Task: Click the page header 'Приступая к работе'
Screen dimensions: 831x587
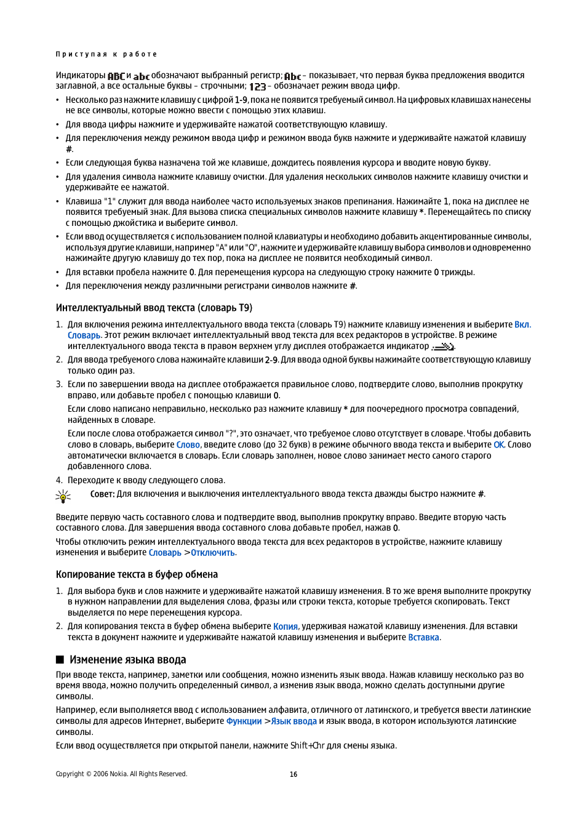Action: tap(106, 54)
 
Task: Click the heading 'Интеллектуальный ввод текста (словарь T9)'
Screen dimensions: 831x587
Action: tap(154, 308)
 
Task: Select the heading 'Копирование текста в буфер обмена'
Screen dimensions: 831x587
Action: tap(137, 574)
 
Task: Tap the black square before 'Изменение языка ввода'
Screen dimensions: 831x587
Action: tap(60, 660)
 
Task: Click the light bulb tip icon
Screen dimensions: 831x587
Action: tap(63, 496)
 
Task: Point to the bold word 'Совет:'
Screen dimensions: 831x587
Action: tap(102, 494)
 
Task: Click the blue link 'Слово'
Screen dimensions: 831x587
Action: tap(188, 444)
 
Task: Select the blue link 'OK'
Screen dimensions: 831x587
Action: tap(498, 444)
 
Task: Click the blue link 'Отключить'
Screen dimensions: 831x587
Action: tap(213, 553)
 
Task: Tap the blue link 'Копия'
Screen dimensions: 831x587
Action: tap(286, 626)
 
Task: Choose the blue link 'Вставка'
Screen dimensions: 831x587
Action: tap(423, 637)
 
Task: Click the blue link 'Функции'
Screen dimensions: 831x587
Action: tap(244, 721)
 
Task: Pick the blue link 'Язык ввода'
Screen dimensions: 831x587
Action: tap(293, 721)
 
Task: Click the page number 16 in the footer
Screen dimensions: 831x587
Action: tap(293, 774)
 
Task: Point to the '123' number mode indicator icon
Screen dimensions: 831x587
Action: tap(257, 87)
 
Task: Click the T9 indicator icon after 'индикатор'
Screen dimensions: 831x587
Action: tap(442, 347)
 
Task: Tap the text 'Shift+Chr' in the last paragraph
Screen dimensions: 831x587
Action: tap(307, 745)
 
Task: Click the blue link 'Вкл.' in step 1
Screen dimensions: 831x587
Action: tap(522, 324)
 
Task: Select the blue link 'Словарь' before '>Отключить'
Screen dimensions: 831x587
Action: tap(165, 553)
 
